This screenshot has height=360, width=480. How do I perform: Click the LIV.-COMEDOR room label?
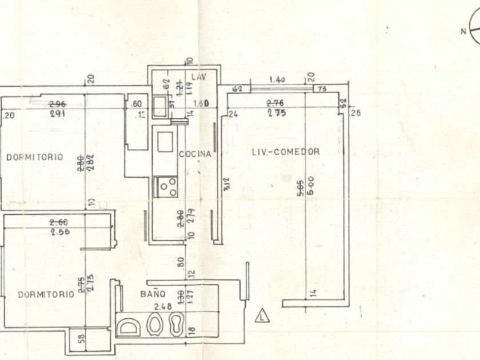pos(285,151)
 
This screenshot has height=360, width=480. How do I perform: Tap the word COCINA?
pos(195,154)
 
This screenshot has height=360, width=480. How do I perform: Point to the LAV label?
pos(199,77)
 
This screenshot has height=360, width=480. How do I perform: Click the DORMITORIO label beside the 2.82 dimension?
pos(35,157)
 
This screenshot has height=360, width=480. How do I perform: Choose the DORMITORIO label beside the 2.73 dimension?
pos(46,294)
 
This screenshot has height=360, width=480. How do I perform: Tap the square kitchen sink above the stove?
pos(165,141)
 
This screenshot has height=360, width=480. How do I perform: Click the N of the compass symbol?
pos(463,32)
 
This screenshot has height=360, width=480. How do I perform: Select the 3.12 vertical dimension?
pos(227,184)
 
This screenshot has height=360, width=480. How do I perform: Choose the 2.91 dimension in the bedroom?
pos(57,114)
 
